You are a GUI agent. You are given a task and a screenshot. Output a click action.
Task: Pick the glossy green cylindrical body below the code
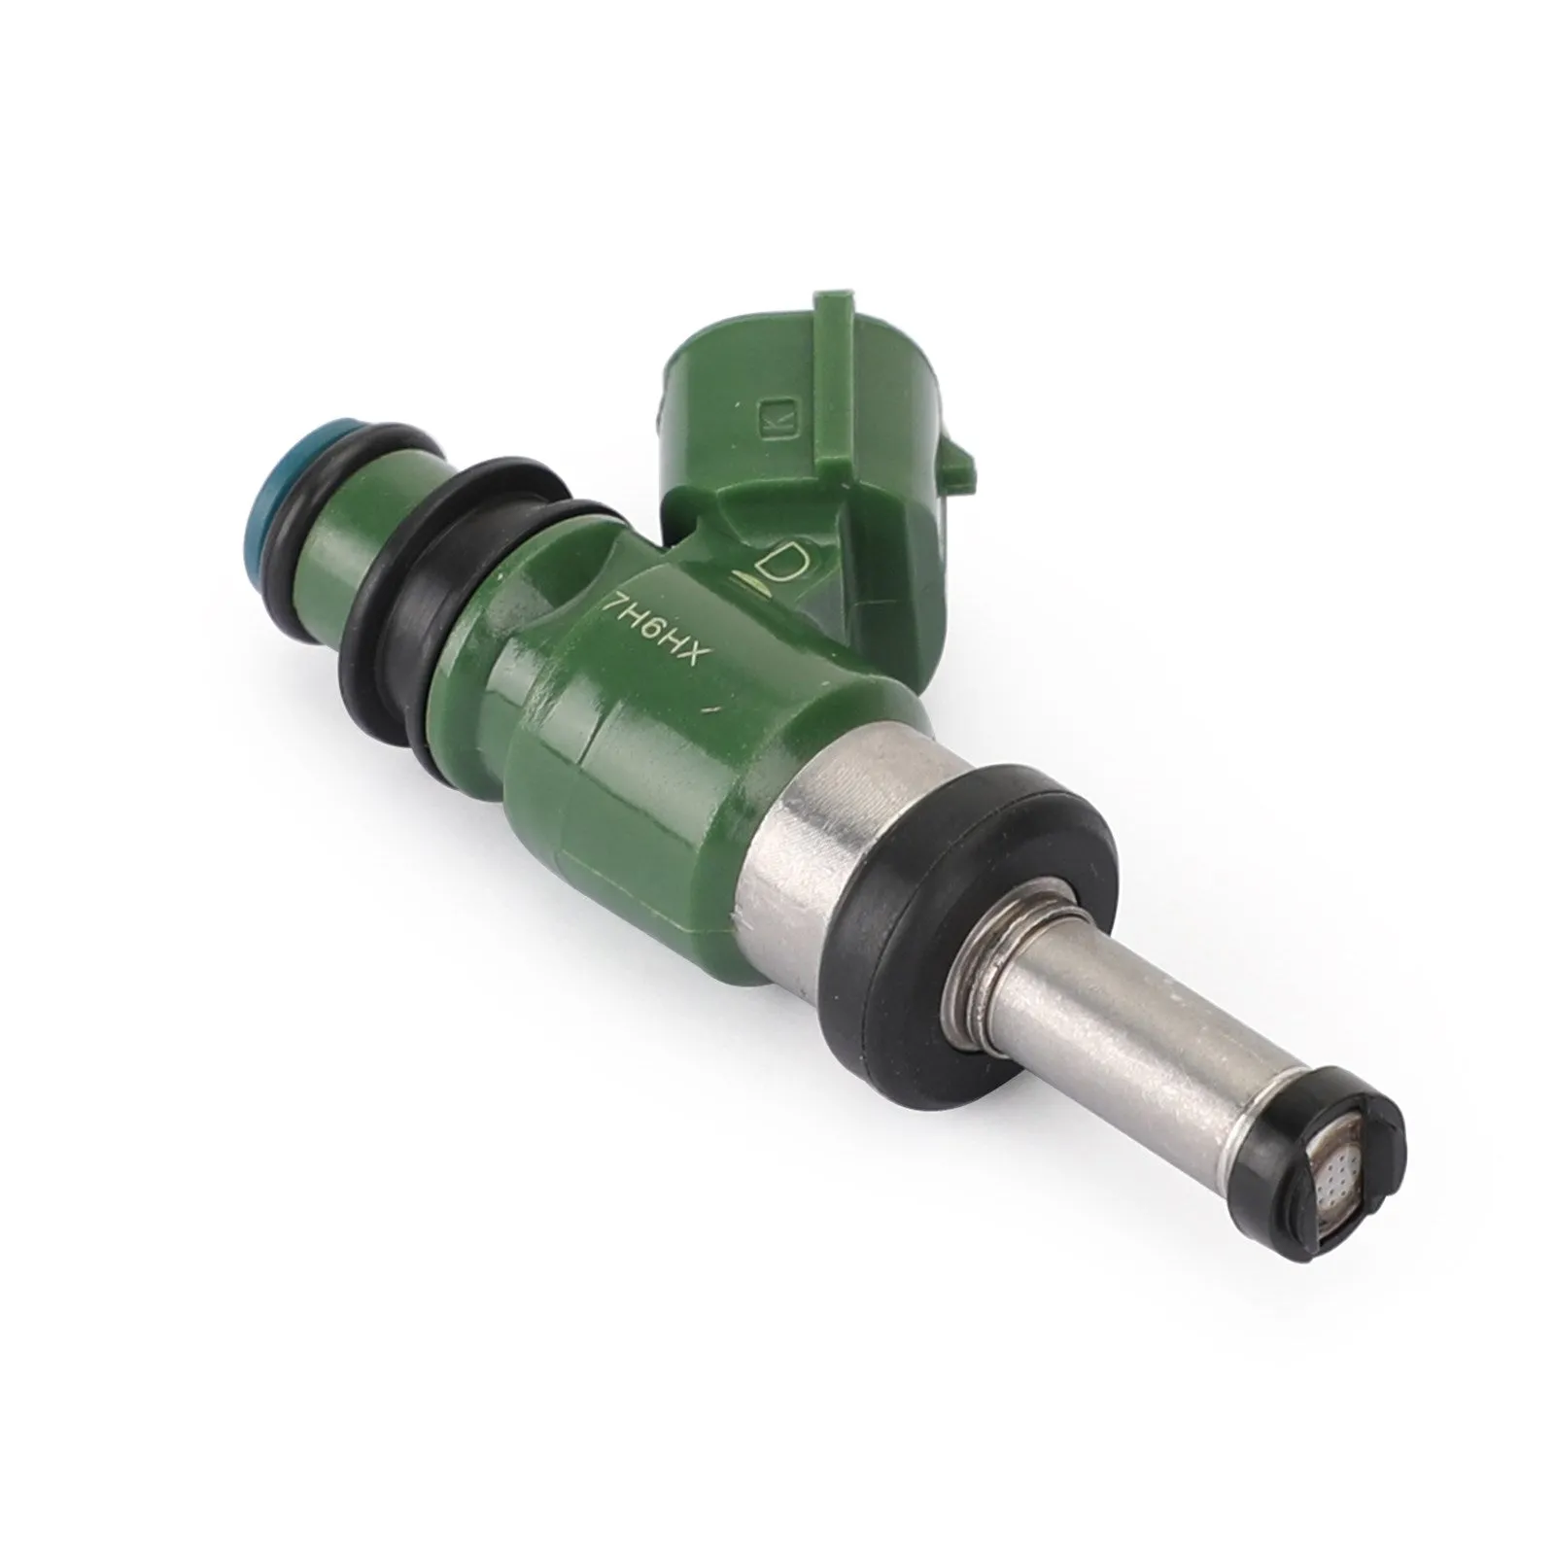(641, 748)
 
